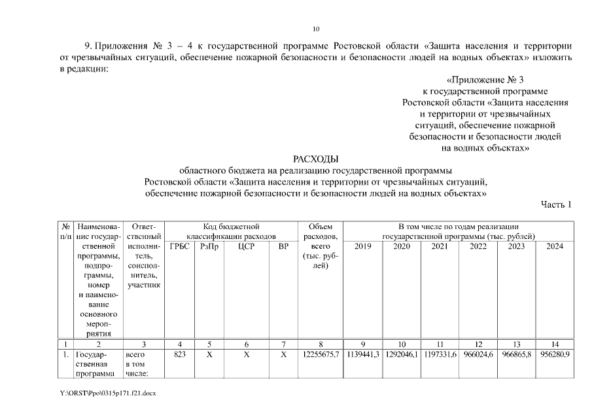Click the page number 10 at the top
[317, 29]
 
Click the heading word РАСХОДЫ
[317, 158]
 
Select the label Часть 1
[556, 204]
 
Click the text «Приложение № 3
[485, 80]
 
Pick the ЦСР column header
[246, 246]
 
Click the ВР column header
[283, 246]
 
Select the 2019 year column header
[362, 246]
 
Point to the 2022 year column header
[478, 246]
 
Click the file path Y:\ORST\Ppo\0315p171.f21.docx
[109, 393]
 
